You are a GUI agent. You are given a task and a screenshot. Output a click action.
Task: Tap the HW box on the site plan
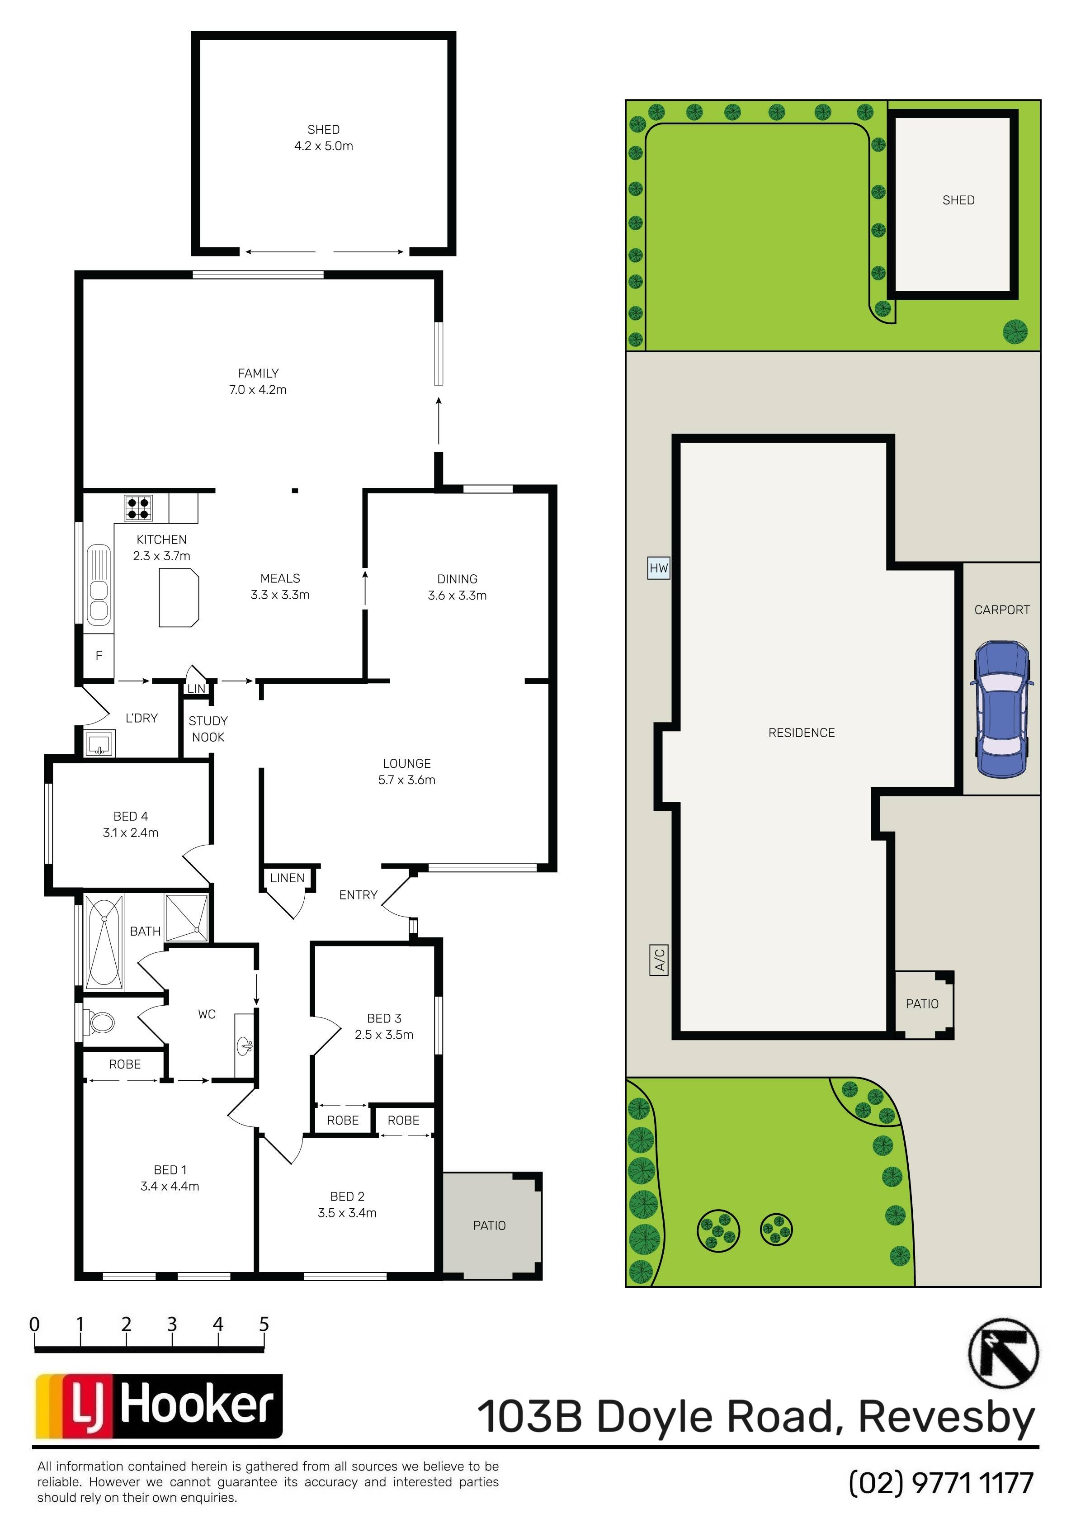tap(659, 568)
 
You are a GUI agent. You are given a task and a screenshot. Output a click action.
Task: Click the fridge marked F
tap(99, 655)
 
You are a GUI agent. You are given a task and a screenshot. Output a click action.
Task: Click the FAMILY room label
tap(258, 374)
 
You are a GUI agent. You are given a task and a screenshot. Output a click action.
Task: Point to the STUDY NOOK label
tap(208, 729)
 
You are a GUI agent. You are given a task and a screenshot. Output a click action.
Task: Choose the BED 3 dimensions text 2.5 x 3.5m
tap(384, 1035)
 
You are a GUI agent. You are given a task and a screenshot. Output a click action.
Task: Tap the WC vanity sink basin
tap(245, 1047)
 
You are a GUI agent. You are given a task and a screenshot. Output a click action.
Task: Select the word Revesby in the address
tap(947, 1418)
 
